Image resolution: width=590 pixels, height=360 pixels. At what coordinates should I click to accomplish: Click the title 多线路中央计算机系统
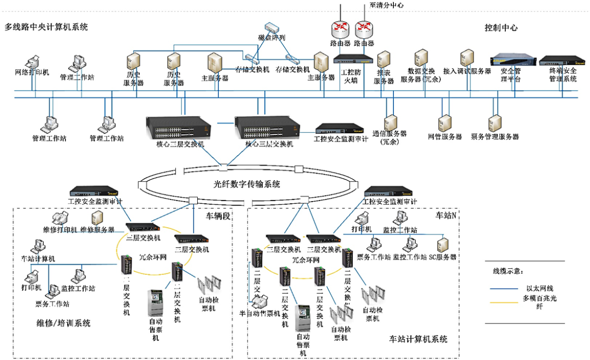[46, 26]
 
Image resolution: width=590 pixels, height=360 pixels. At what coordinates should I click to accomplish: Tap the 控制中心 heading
[501, 27]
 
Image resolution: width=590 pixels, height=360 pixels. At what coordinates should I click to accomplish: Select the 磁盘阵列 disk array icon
[272, 27]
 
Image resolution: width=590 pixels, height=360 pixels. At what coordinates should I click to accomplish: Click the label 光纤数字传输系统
[247, 184]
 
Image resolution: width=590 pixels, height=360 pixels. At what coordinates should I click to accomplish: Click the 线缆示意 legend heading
[505, 271]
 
